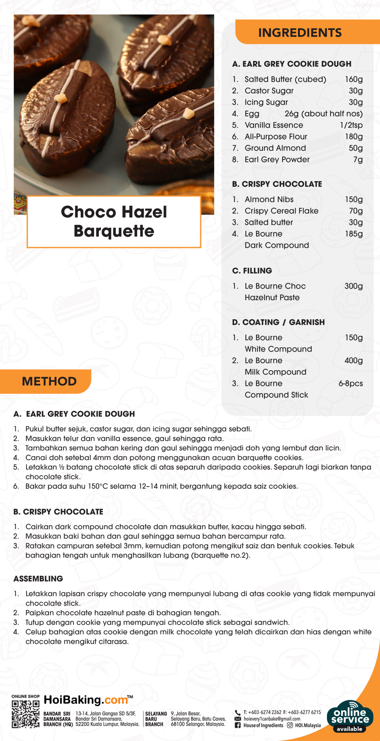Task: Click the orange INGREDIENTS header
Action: [x=300, y=32]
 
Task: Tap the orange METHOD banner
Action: [x=49, y=381]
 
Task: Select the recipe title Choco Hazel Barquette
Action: [x=114, y=221]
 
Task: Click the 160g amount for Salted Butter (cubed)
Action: [x=354, y=79]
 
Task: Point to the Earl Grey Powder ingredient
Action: [x=277, y=159]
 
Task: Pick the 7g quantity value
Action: [x=358, y=159]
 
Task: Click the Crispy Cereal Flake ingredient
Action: [x=281, y=211]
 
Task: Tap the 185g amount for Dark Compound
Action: [x=354, y=234]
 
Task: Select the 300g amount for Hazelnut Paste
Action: [x=353, y=286]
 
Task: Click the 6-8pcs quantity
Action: [x=350, y=384]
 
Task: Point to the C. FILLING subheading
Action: [x=252, y=271]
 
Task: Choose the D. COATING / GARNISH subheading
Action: [x=278, y=322]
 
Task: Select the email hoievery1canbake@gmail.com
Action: [x=272, y=719]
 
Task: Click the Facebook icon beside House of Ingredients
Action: [x=237, y=725]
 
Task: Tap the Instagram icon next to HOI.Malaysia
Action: [x=290, y=725]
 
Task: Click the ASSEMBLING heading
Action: [x=38, y=579]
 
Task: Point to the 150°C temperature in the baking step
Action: [x=98, y=486]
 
